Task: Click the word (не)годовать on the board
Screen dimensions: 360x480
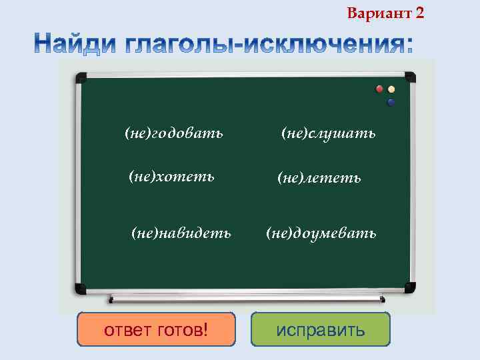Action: [x=174, y=133]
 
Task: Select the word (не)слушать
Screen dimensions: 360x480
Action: [x=328, y=133]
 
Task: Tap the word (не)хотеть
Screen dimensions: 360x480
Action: [x=171, y=176]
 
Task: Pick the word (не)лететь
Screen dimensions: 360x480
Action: [x=319, y=177]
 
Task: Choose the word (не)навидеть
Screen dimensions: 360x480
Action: [x=181, y=233]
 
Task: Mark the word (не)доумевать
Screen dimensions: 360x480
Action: [x=321, y=233]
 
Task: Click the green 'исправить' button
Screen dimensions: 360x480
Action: [x=321, y=329]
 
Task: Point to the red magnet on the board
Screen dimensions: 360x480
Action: [x=380, y=89]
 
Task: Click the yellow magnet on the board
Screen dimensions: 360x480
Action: [x=391, y=89]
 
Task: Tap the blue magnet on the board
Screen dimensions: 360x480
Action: [x=391, y=102]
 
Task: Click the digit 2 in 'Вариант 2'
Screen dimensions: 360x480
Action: [x=419, y=13]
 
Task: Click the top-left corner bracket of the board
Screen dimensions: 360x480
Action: [x=81, y=77]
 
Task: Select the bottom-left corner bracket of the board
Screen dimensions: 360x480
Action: [x=81, y=288]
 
